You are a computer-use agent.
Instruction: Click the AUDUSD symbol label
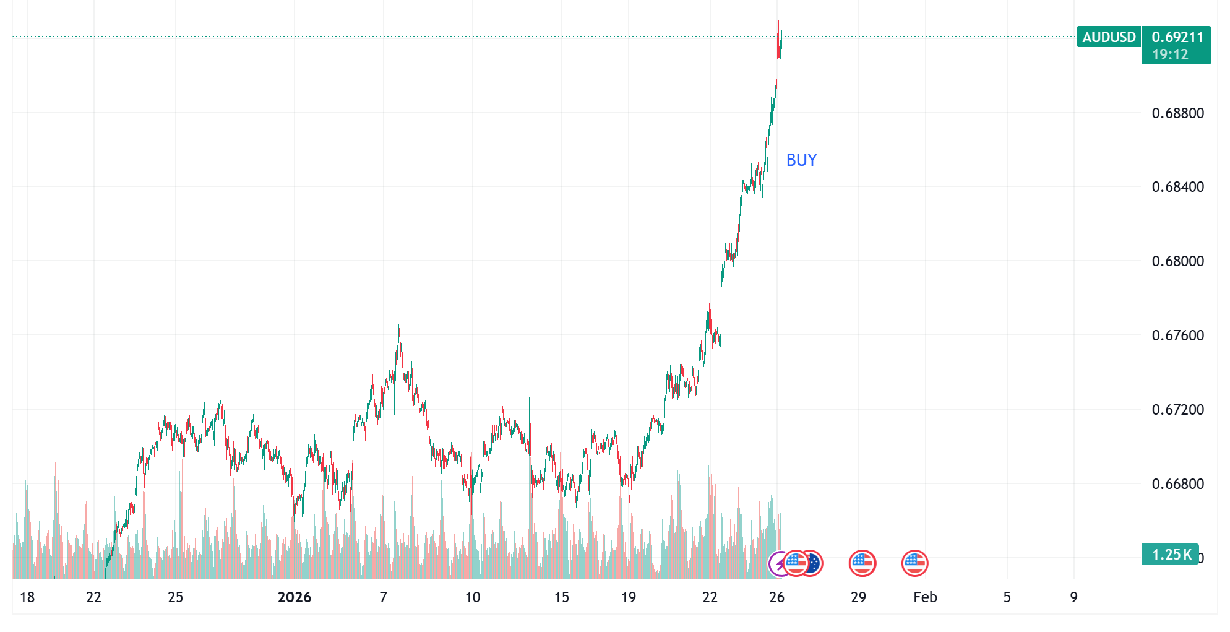coord(1109,37)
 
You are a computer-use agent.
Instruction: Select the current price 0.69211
coord(1177,37)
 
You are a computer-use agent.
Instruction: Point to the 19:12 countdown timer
coord(1170,54)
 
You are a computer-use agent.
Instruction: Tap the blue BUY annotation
coord(801,160)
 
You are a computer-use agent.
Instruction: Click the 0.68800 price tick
coord(1177,113)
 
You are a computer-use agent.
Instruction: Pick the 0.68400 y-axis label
coord(1177,187)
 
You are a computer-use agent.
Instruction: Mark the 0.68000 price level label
coord(1177,261)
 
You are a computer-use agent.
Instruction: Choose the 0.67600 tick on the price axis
coord(1177,335)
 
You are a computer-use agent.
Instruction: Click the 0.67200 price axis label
coord(1177,410)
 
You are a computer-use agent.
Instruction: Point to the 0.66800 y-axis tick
coord(1177,484)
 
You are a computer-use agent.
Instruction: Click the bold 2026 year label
coord(295,597)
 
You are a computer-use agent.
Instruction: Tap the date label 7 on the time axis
coord(384,597)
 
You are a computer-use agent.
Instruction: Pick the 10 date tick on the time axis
coord(473,597)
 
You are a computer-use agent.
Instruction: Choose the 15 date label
coord(562,597)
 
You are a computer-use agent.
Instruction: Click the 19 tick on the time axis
coord(629,597)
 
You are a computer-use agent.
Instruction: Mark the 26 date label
coord(776,597)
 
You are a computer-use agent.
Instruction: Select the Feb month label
coord(925,597)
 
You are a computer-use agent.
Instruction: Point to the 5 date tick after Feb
coord(1007,597)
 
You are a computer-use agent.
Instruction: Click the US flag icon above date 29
coord(862,563)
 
